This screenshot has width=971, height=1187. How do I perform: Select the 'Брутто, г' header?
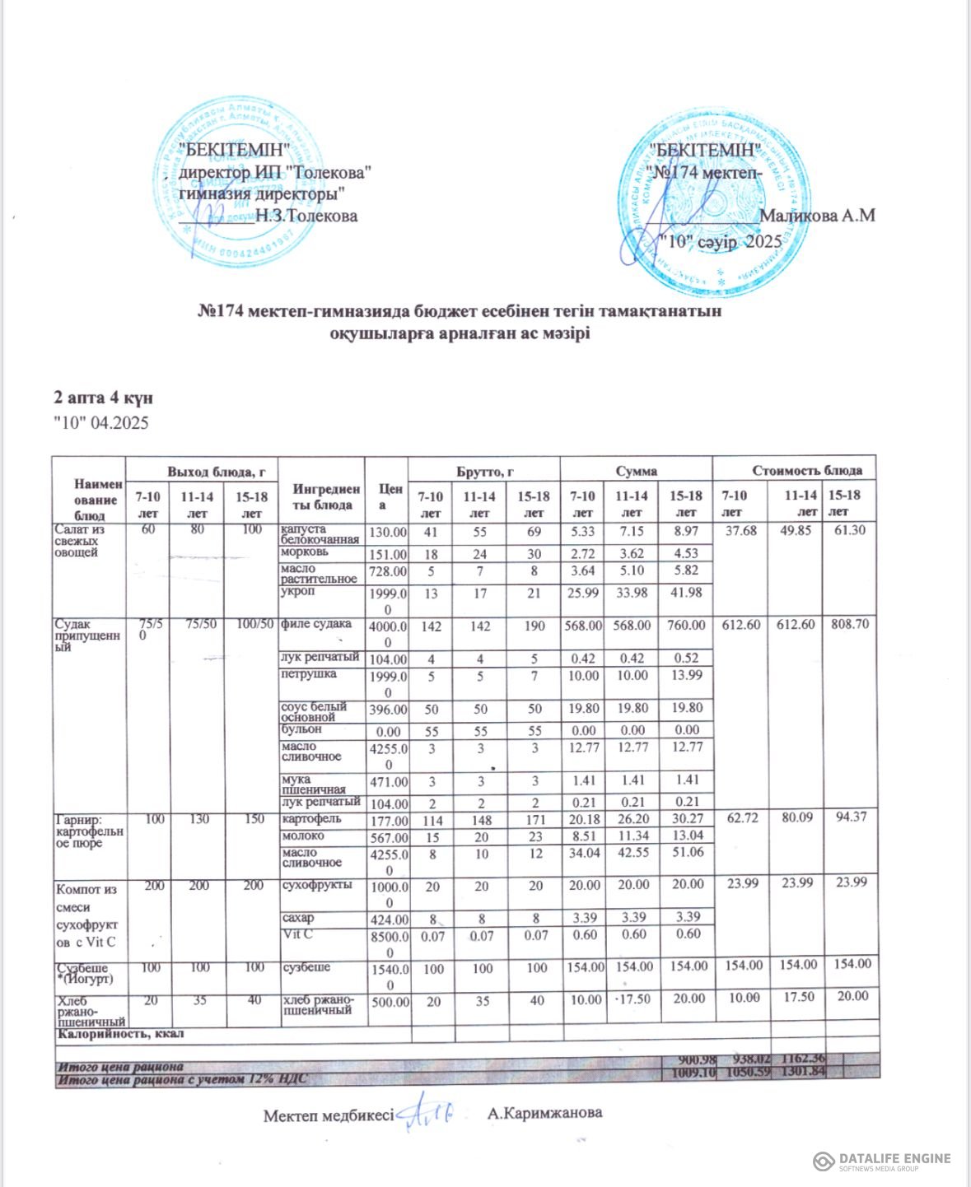485,471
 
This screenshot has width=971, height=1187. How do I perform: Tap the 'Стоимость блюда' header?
807,471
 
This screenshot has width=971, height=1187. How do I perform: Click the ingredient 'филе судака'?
316,624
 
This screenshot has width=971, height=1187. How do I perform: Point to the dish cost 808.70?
848,625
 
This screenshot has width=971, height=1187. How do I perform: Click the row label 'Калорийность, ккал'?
120,1033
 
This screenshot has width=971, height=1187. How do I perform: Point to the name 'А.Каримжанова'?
544,1113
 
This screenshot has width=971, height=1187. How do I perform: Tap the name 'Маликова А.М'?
817,216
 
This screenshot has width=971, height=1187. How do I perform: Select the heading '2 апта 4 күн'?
103,398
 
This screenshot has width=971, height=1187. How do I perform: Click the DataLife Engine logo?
881,1161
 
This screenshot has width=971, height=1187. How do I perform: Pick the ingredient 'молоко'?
303,836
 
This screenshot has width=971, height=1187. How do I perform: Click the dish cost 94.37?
848,819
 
